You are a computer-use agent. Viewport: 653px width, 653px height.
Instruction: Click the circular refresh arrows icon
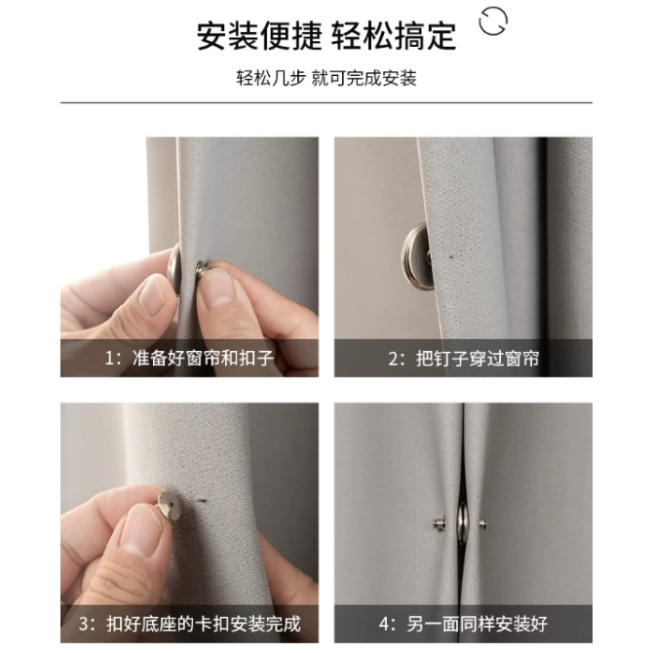point(493,20)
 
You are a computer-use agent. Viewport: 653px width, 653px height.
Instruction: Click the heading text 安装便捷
point(259,37)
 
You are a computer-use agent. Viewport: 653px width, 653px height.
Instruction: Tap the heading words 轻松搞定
point(394,37)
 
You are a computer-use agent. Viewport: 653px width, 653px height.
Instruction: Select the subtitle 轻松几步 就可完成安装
point(326,78)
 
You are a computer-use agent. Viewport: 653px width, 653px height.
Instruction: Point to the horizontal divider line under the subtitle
point(326,102)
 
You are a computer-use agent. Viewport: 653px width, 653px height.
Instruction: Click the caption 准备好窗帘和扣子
point(203,358)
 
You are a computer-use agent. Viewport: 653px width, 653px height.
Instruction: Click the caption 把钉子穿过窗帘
point(478,359)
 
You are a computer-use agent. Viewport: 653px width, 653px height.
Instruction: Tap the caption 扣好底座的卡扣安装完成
point(204,624)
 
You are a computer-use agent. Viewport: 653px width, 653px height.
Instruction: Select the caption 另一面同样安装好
point(478,624)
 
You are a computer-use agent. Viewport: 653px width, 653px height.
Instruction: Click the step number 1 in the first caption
point(109,359)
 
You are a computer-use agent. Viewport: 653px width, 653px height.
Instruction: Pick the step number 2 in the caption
point(394,359)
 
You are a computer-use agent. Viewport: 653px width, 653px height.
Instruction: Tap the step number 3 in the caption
point(84,625)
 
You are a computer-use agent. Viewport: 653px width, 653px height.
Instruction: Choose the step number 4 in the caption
point(384,625)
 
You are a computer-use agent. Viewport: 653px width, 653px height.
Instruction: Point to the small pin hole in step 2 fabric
point(451,256)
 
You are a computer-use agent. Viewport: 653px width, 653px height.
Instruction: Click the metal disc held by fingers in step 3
point(169,506)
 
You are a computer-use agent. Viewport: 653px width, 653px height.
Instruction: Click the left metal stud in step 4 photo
point(439,523)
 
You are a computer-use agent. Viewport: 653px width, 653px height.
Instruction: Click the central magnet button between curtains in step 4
point(462,523)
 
